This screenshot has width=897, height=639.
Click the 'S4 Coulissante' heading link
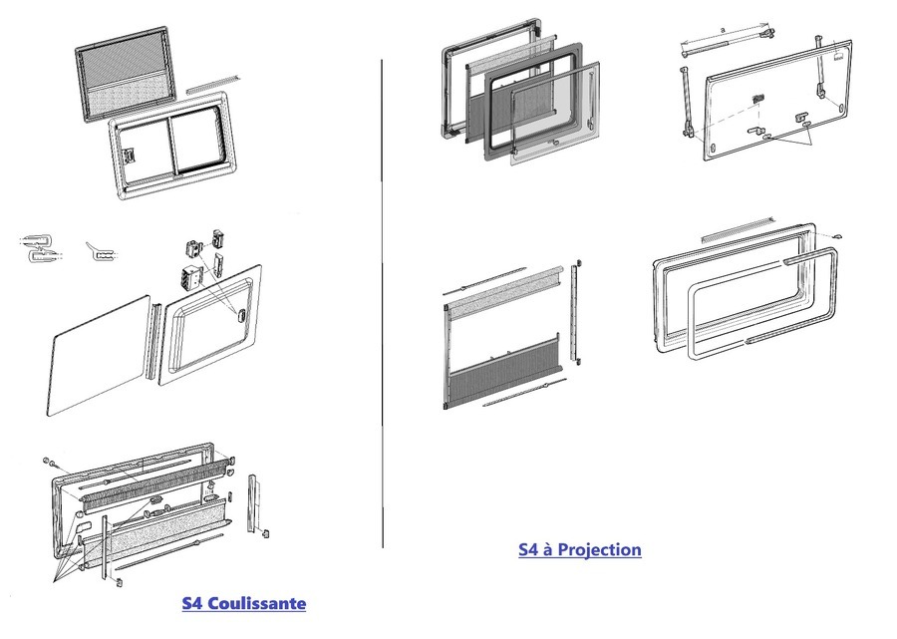244,603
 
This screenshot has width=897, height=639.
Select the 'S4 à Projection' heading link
579,549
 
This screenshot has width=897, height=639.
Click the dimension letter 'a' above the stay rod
722,31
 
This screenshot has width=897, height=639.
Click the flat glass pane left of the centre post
98,355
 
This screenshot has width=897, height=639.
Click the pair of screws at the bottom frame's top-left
48,464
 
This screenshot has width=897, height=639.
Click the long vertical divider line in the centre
383,299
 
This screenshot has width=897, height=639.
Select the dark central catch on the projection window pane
758,98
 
